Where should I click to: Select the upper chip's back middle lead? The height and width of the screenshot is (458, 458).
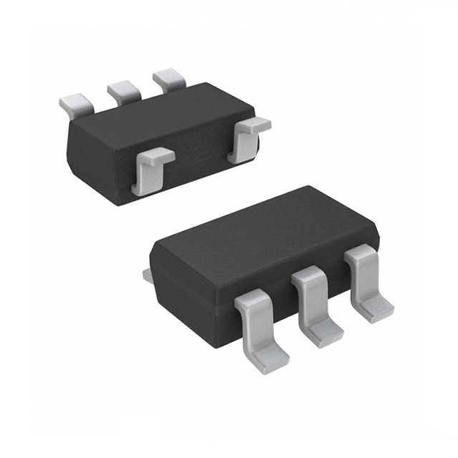(124, 91)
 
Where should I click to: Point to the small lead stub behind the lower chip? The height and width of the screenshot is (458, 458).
(147, 274)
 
